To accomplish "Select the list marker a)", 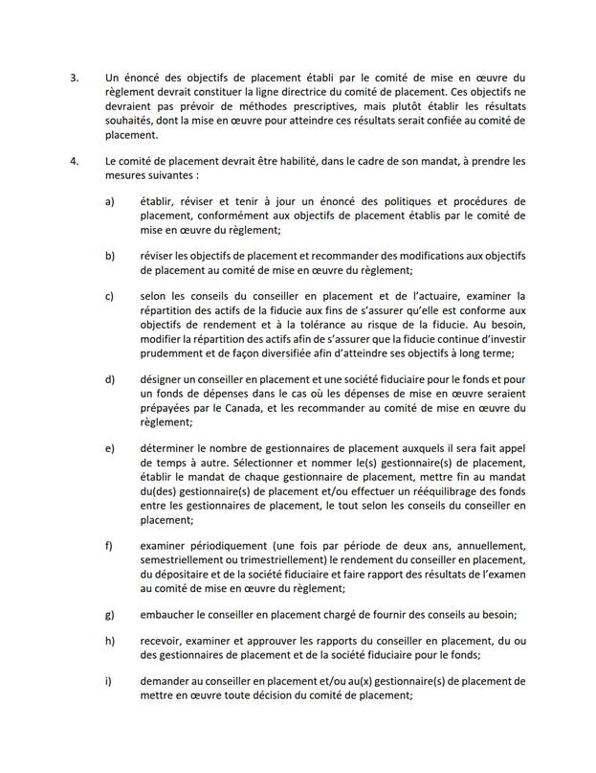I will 110,202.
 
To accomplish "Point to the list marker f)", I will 110,546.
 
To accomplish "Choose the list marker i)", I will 109,682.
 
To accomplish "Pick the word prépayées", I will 168,409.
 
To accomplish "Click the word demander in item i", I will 168,682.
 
